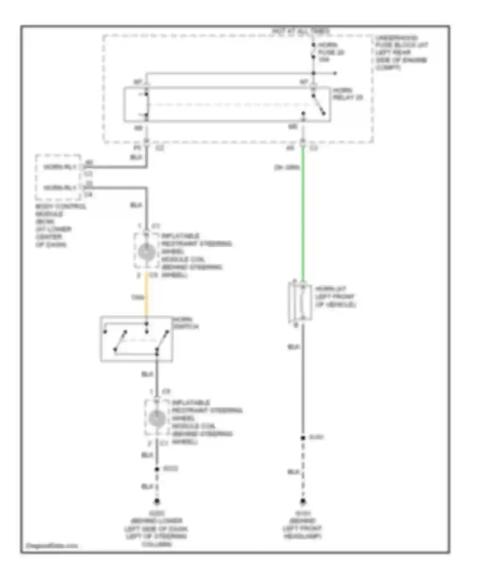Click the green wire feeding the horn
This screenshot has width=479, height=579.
tap(303, 217)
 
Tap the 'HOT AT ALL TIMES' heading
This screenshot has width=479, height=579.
tap(300, 31)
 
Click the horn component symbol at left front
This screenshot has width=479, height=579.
tap(300, 302)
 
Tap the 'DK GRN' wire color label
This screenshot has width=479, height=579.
tap(286, 167)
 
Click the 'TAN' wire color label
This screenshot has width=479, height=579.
tap(137, 297)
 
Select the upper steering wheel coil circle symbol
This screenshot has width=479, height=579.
tap(147, 252)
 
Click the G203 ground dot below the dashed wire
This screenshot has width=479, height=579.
tap(157, 502)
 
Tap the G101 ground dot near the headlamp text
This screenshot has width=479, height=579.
tap(303, 502)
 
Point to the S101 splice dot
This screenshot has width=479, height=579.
tap(303, 438)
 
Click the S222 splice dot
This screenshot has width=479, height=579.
tap(157, 469)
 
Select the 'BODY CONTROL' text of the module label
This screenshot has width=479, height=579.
tap(61, 206)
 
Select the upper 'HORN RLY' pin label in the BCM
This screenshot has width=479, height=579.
tap(60, 167)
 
